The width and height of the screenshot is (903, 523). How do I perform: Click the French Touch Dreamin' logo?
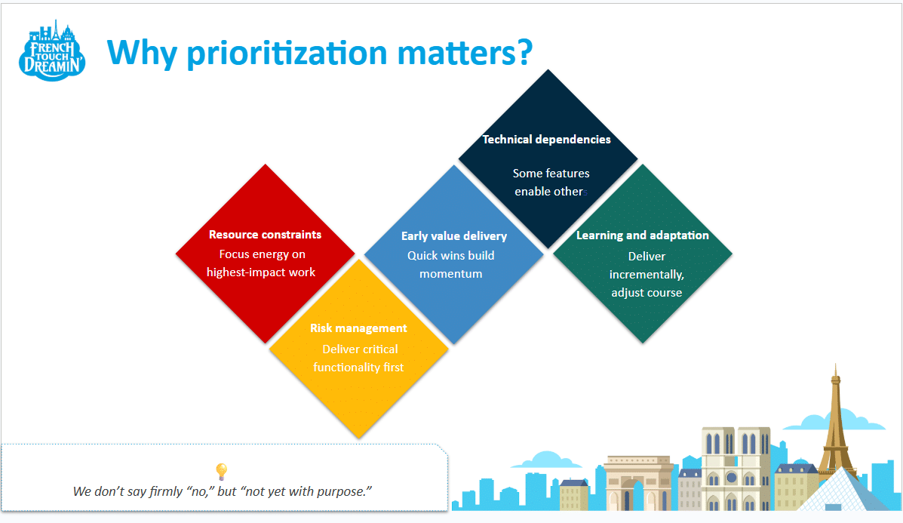click(x=51, y=51)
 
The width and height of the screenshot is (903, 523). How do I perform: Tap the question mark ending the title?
click(x=522, y=52)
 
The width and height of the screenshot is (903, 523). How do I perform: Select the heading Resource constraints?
click(x=265, y=235)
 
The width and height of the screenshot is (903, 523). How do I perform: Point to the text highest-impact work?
click(x=261, y=272)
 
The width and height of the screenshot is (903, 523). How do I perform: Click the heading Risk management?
click(x=358, y=328)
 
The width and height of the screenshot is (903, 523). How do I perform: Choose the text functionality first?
click(x=358, y=368)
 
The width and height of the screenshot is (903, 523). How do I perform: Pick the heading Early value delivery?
click(x=453, y=236)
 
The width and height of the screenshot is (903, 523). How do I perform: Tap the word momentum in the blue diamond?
click(x=450, y=274)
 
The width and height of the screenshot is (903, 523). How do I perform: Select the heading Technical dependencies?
click(x=546, y=140)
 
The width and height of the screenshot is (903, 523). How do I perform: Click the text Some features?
click(x=551, y=174)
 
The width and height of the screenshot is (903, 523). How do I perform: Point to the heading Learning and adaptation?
click(x=642, y=235)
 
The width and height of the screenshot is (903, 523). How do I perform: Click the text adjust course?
click(x=647, y=293)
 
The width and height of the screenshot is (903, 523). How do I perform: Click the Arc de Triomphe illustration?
click(x=638, y=484)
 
